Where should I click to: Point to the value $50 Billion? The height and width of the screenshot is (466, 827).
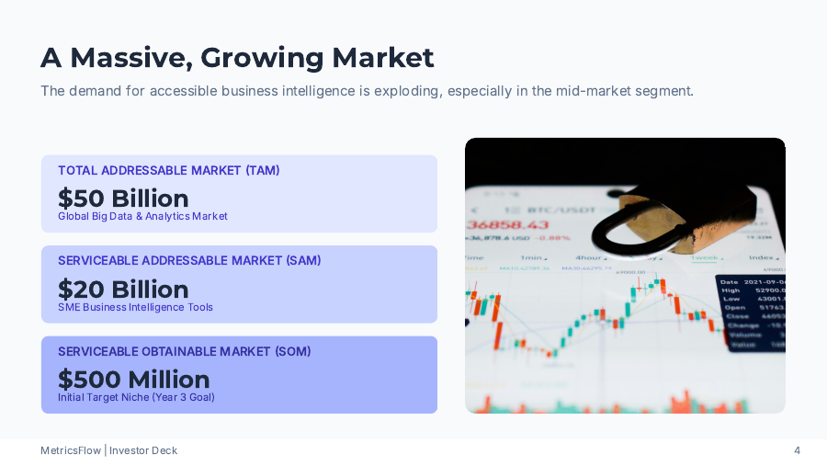click(123, 198)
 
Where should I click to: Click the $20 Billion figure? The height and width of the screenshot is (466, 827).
click(123, 289)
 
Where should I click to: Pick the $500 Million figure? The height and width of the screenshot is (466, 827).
click(134, 379)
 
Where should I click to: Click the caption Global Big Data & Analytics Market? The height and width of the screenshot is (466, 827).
click(142, 217)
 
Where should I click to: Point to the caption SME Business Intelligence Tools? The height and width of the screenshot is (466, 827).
click(135, 308)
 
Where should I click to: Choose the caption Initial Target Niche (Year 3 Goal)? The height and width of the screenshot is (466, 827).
click(136, 398)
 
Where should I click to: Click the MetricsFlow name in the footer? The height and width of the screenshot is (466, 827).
click(71, 450)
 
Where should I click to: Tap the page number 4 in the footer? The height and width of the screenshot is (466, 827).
click(797, 450)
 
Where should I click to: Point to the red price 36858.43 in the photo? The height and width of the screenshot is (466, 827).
click(508, 225)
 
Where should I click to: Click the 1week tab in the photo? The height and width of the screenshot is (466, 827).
click(704, 258)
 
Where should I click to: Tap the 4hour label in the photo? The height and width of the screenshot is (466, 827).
click(589, 258)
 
